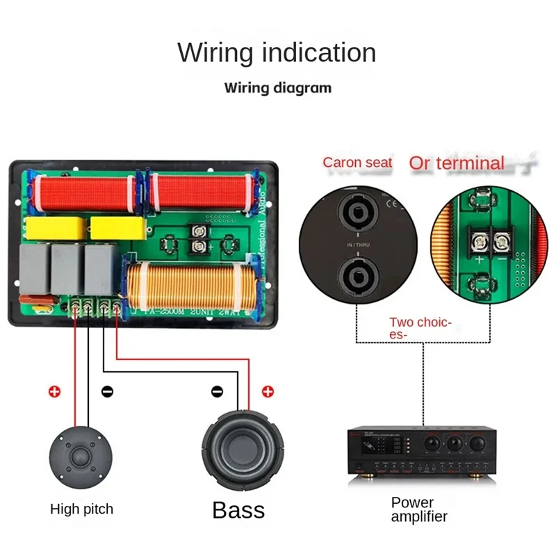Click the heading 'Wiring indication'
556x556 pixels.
[277, 53]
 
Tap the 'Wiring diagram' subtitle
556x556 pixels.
[277, 88]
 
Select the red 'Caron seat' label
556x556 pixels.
[357, 163]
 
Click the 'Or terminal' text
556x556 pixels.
[457, 163]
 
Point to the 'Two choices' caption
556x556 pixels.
[420, 327]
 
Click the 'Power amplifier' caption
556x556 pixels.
[418, 509]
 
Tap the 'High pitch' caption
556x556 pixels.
[81, 509]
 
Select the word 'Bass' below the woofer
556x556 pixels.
[238, 510]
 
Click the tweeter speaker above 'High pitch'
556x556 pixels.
[81, 455]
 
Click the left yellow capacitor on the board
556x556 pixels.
[55, 227]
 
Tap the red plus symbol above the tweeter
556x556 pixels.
[54, 391]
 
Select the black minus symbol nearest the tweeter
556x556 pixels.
[106, 391]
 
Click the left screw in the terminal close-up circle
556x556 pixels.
[479, 241]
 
